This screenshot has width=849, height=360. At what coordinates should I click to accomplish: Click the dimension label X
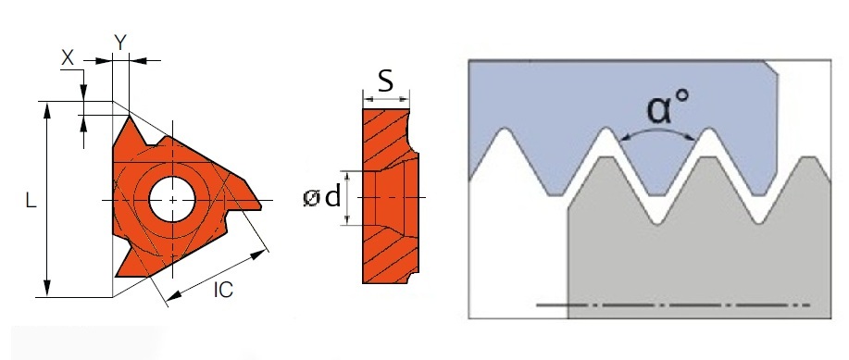[x=67, y=56]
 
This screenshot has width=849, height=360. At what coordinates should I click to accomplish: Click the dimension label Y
[x=119, y=41]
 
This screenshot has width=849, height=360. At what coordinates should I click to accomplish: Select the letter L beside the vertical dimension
[x=31, y=200]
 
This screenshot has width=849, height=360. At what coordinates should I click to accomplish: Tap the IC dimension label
[x=222, y=289]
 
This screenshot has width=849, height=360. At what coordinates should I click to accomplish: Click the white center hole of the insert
[x=172, y=199]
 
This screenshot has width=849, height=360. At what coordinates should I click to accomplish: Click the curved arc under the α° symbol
[x=658, y=131]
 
